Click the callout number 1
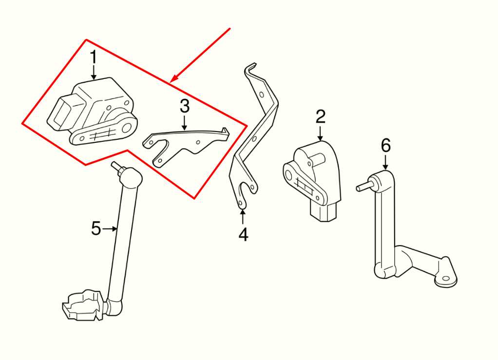pos(93,58)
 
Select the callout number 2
pos(320,117)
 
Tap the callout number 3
pos(184,105)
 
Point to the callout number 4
pos(243,235)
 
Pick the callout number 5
pos(96,228)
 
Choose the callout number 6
pos(385,145)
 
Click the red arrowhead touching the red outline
pos(174,78)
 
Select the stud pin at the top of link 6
pos(363,187)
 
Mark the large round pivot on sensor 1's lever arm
pos(128,128)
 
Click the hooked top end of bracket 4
pos(250,68)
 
